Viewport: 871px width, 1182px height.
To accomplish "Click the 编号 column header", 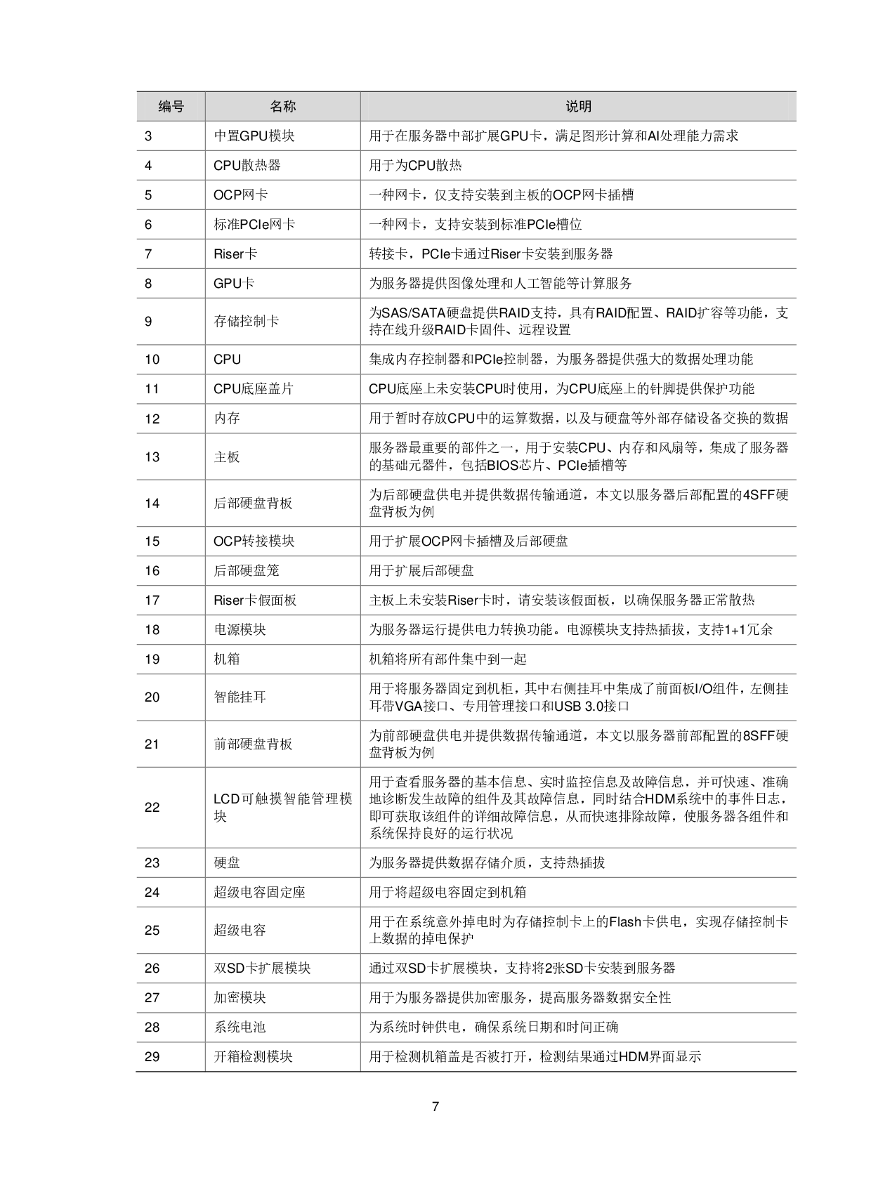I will (171, 106).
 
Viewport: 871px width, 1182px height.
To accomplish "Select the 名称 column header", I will (282, 106).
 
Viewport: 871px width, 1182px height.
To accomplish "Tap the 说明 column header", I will (578, 106).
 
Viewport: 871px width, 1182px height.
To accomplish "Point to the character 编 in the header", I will (164, 106).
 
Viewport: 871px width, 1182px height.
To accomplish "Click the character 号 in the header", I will (178, 106).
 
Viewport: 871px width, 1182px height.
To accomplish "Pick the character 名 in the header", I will (276, 106).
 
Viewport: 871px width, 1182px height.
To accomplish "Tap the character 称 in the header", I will (289, 106).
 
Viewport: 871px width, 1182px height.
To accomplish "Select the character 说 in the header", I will (572, 106).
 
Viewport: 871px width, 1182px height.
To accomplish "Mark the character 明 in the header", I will (585, 106).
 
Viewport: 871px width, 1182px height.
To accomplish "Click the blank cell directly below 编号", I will (171, 136).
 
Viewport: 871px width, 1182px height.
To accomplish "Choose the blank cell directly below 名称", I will (282, 136).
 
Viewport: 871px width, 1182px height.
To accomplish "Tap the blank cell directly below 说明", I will (578, 136).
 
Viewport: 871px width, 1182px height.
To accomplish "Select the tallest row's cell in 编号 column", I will (171, 807).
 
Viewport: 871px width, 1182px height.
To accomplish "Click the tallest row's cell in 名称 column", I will (282, 807).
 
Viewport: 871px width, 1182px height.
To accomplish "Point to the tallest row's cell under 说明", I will (578, 807).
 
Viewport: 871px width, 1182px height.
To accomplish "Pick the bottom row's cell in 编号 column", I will (171, 1056).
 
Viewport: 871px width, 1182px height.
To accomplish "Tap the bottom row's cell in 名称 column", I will (282, 1056).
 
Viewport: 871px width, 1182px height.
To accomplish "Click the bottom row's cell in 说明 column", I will (578, 1056).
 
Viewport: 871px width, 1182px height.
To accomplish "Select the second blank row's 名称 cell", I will (282, 165).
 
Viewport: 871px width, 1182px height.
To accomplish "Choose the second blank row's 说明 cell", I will (578, 165).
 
